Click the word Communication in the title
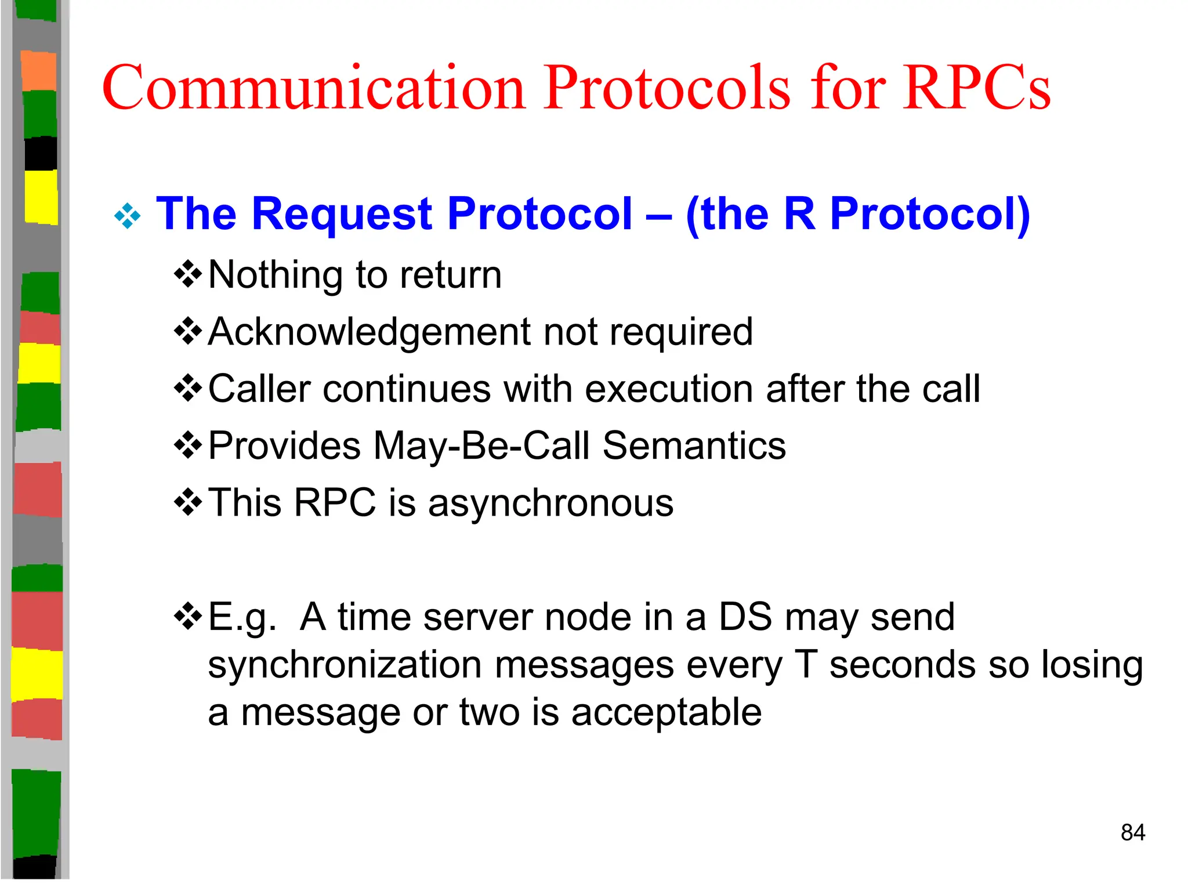pos(314,88)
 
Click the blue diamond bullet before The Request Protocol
pos(128,217)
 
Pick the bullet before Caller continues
pos(188,388)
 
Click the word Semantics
pos(694,445)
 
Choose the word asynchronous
pos(550,502)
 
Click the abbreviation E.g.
pos(242,617)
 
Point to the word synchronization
pos(345,664)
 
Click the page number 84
pos(1132,832)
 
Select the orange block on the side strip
pos(39,70)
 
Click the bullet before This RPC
pos(188,502)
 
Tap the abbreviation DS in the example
pos(745,617)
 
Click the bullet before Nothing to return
pos(188,274)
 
